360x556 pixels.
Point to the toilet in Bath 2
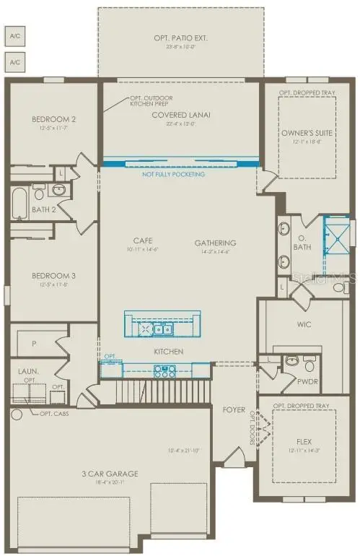[59, 191]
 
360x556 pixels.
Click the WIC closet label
[304, 325]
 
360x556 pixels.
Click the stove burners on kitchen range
[165, 371]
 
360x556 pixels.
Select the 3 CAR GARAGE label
[110, 474]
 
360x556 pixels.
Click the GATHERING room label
[216, 243]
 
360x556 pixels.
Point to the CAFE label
[141, 240]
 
